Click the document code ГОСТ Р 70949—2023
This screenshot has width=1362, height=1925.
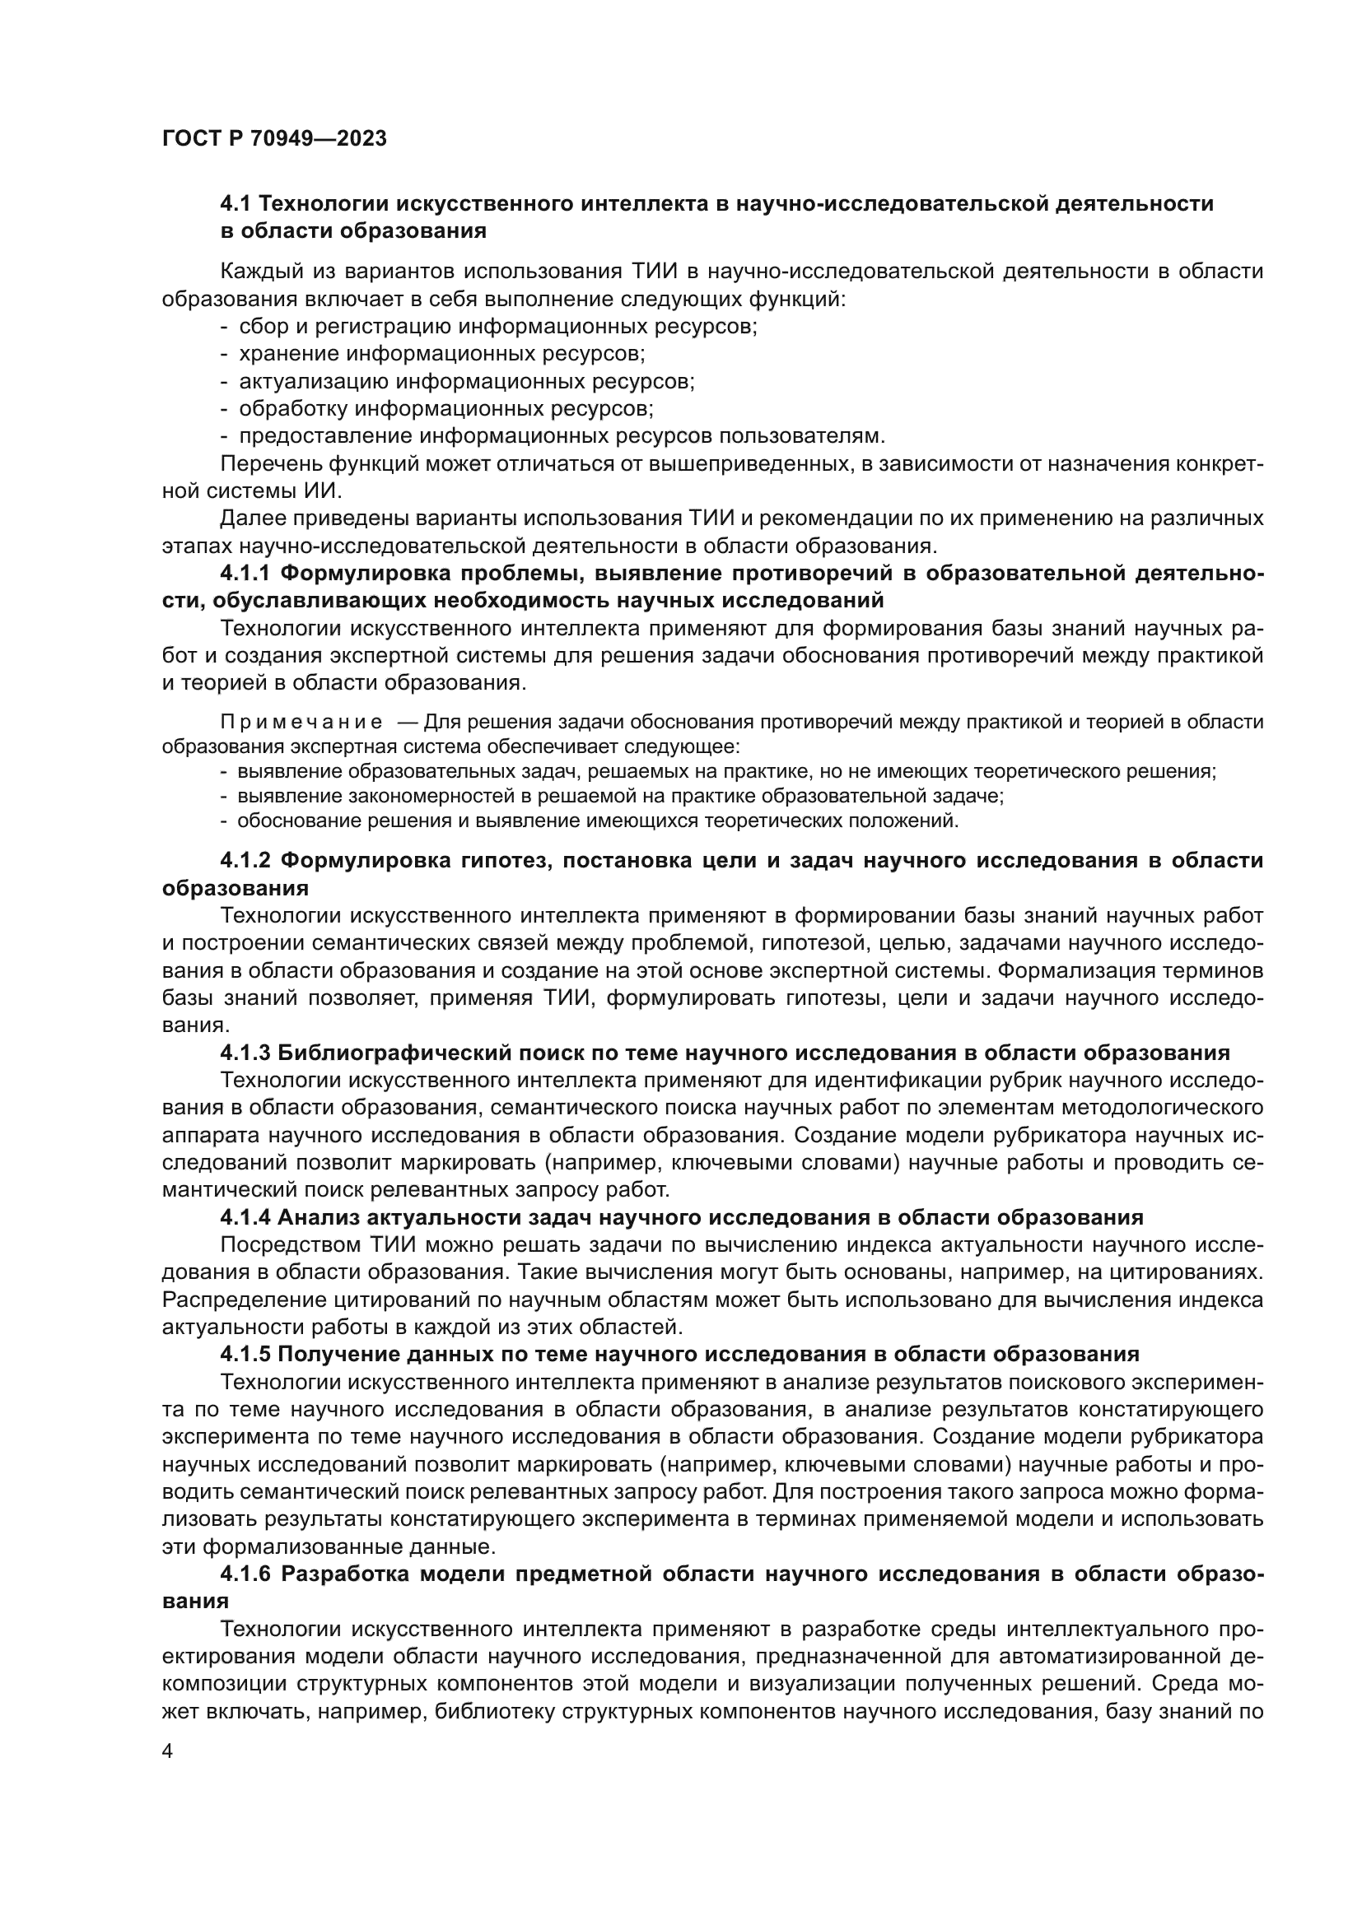click(x=274, y=139)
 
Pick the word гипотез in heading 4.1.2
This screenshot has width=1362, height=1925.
click(x=499, y=860)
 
